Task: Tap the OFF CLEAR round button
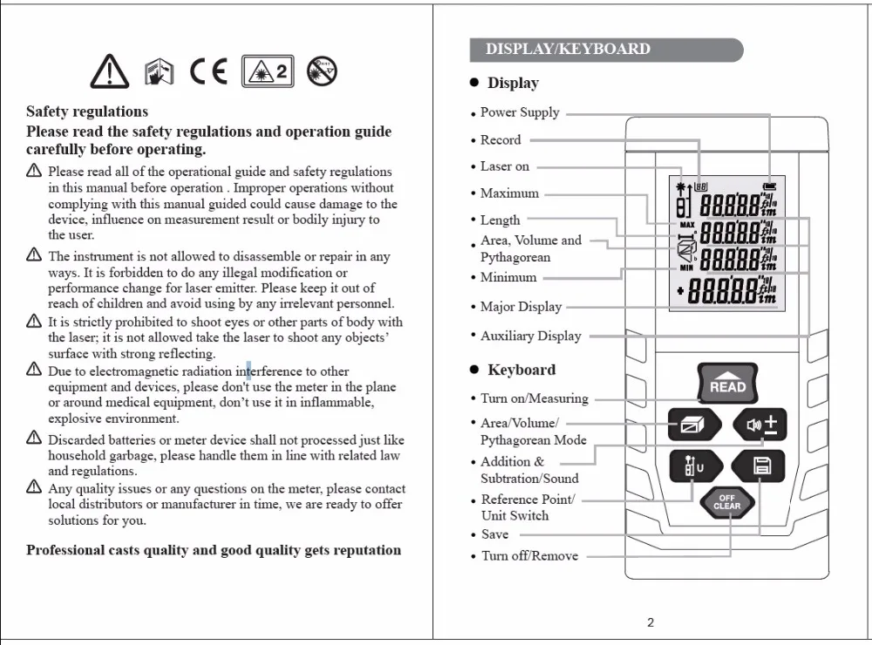click(726, 503)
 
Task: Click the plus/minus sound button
click(760, 425)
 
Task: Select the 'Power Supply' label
click(520, 112)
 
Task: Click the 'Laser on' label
click(504, 166)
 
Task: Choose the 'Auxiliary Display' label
click(530, 336)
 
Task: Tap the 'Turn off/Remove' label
click(529, 555)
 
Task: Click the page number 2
click(651, 622)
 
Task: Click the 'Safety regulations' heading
click(87, 112)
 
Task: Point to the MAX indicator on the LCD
click(686, 225)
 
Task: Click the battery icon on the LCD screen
click(768, 186)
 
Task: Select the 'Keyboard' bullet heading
click(521, 370)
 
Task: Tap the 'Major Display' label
click(521, 307)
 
